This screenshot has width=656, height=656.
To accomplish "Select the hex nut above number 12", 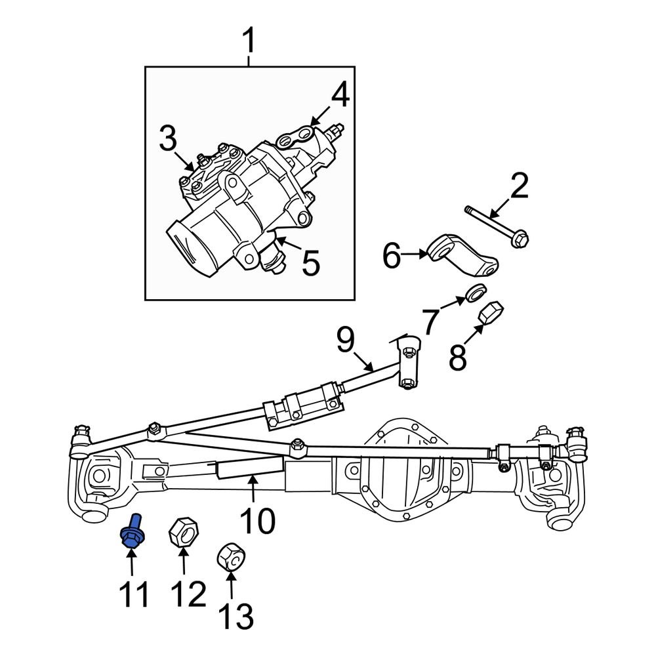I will [184, 531].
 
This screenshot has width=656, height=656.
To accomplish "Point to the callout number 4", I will [339, 96].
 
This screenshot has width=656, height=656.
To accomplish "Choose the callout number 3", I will [167, 139].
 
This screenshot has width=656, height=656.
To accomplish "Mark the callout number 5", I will [310, 263].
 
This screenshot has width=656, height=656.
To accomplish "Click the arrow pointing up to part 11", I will [131, 564].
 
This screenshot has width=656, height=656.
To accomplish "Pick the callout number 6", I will [391, 256].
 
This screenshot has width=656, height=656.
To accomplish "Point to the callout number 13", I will [234, 616].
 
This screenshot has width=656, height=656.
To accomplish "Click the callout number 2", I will [519, 187].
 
